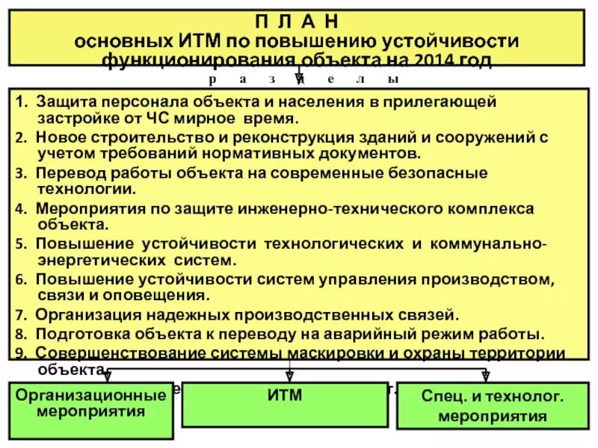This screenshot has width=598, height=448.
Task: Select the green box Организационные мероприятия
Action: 91,402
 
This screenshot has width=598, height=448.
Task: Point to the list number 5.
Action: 19,244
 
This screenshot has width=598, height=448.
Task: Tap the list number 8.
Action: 19,334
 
